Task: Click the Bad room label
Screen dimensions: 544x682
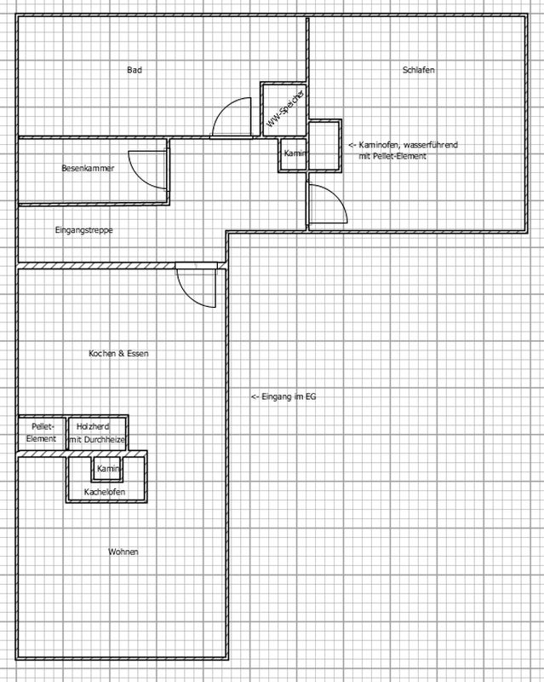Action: coord(135,70)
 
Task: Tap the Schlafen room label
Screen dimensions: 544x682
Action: coord(418,70)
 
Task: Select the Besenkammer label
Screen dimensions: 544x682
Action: coord(88,168)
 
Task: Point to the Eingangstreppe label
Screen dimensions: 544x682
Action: coord(84,229)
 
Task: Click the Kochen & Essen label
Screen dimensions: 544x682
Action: coord(118,353)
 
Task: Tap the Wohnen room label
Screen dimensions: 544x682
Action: coord(123,552)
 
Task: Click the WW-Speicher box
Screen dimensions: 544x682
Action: coord(284,110)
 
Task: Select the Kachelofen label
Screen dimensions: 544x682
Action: coord(105,492)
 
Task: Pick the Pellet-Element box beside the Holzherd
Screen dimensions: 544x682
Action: coord(42,433)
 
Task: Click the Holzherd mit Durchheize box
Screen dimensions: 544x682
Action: coord(97,433)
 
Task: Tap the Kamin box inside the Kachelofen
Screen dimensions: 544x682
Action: coord(107,468)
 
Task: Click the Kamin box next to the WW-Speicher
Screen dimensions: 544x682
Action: coord(293,154)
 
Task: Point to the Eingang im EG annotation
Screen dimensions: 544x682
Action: coord(283,396)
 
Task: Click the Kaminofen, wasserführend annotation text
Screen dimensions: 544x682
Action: coord(404,145)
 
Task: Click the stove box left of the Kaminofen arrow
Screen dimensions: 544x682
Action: coord(324,145)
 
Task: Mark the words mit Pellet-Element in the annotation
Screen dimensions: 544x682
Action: coord(392,156)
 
